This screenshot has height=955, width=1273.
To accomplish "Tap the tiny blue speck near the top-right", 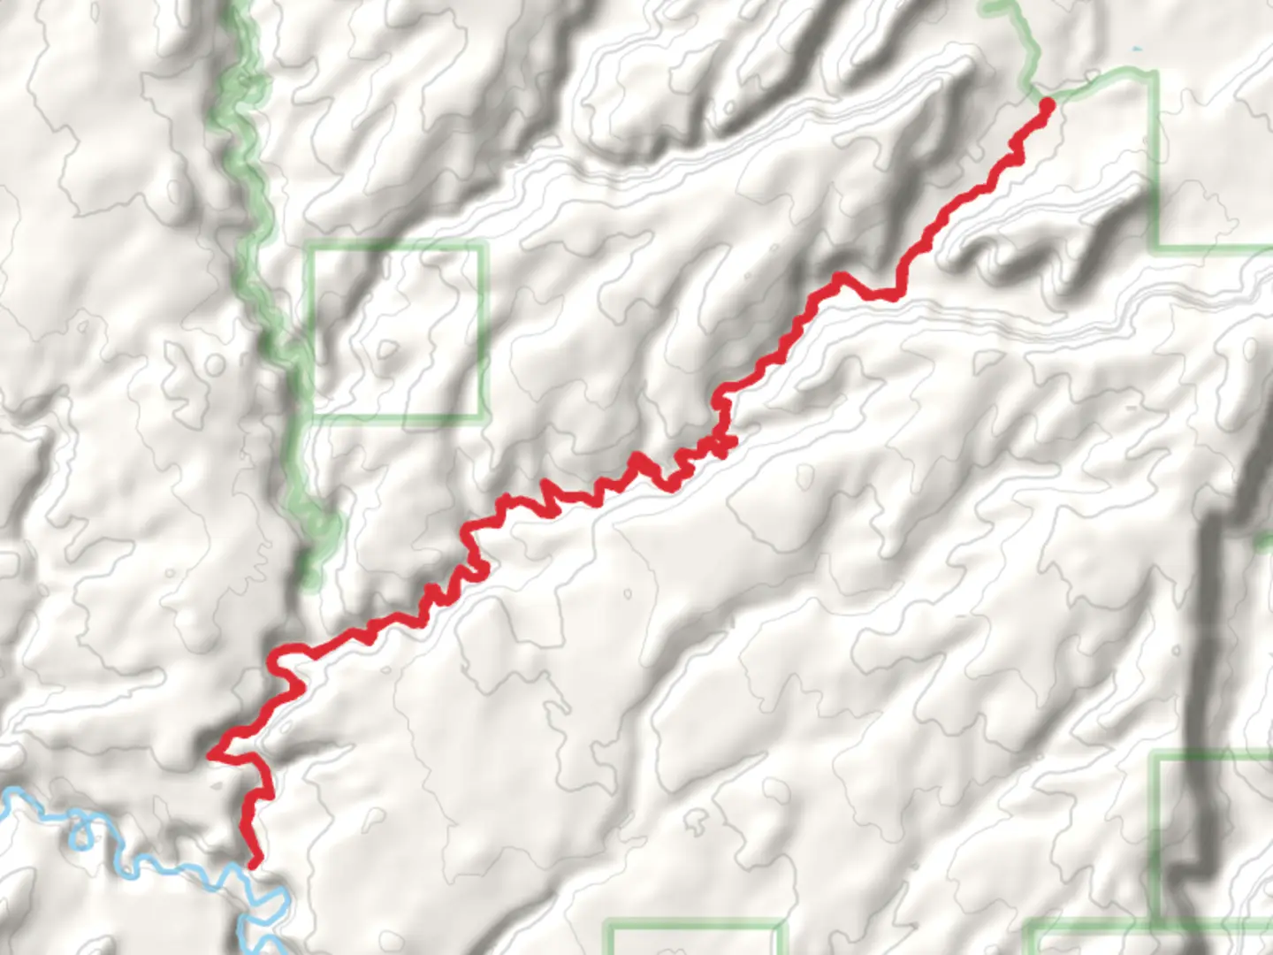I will click(1136, 48).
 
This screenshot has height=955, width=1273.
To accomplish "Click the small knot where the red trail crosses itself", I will click(722, 445).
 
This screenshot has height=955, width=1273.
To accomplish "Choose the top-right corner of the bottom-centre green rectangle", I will click(780, 926).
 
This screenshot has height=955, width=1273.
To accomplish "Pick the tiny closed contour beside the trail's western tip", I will click(217, 783).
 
